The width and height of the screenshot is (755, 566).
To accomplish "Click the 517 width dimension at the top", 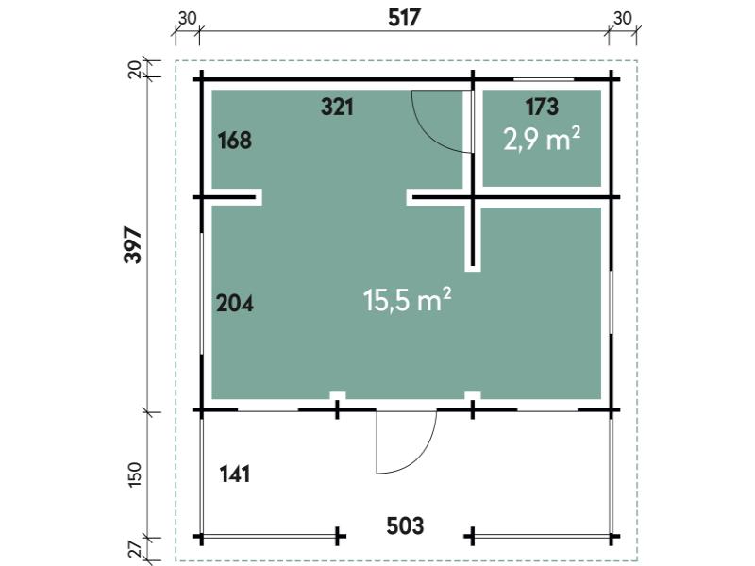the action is point(405,18).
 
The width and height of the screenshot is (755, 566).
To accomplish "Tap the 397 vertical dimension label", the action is point(133,244).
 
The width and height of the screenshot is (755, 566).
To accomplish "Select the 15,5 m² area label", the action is point(408,300).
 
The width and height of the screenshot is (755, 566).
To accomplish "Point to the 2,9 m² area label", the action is point(542,139).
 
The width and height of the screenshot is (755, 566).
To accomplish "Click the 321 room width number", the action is point(338,107).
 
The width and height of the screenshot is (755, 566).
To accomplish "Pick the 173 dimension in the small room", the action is point(542,107).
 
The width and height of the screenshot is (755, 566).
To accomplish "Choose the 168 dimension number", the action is point(234,141).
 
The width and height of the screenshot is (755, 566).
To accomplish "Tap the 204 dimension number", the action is point(234,304).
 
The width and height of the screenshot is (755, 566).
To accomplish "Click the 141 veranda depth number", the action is point(234,474).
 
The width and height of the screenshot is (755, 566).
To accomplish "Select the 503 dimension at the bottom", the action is point(405,525).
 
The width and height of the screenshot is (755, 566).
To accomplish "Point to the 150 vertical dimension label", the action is point(135,474).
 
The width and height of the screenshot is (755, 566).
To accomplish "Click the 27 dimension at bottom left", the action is point(135,550).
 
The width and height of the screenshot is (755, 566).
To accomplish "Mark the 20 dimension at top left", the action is point(135,69).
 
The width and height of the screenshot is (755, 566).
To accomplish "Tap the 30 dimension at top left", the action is point(187,18).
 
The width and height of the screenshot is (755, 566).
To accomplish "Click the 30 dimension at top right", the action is point(623,18).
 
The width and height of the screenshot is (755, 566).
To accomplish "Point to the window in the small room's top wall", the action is point(544,79).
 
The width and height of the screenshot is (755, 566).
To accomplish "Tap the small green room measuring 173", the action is point(542,138).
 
